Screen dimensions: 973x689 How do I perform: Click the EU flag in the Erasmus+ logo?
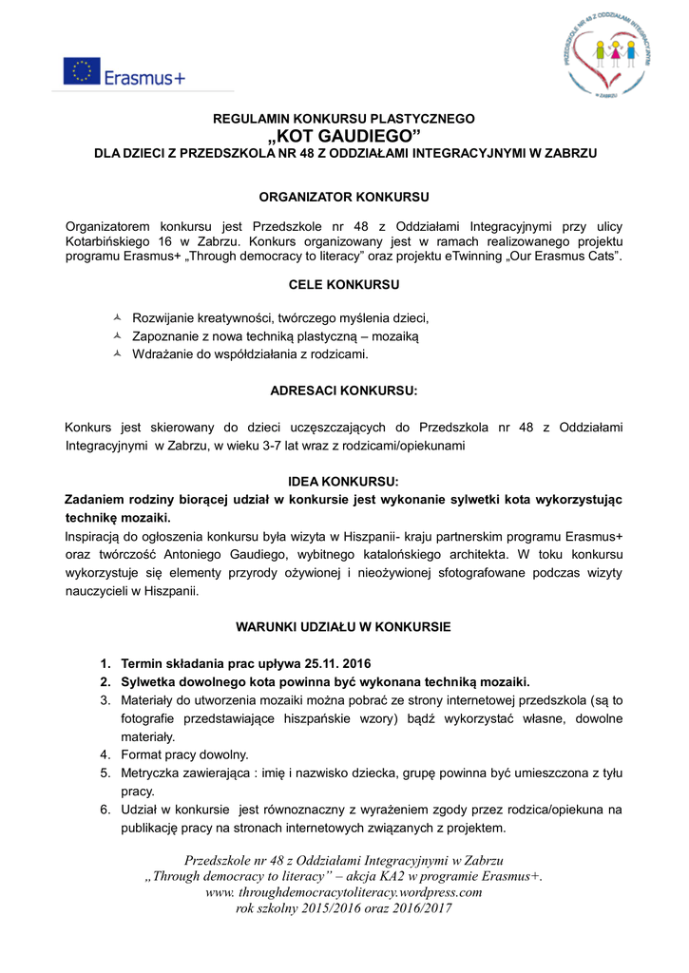tap(83, 71)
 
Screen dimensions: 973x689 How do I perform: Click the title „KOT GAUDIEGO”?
tap(345, 136)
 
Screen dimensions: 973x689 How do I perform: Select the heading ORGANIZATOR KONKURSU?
tap(345, 197)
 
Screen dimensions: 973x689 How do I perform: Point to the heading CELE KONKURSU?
tap(344, 284)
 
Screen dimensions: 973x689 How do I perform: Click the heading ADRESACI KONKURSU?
tap(344, 390)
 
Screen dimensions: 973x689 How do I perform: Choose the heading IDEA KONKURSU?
tap(344, 482)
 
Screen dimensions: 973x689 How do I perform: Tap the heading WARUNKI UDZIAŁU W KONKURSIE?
tap(343, 627)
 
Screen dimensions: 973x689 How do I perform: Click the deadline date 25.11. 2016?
tap(338, 663)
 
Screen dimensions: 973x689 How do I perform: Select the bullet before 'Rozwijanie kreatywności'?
tap(117, 317)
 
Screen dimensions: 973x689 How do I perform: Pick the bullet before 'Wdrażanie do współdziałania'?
tap(117, 353)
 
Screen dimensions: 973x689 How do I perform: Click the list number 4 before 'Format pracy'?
tap(105, 754)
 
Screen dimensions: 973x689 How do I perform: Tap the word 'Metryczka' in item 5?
tap(151, 773)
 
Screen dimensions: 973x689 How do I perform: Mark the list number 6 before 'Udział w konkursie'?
tap(105, 810)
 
